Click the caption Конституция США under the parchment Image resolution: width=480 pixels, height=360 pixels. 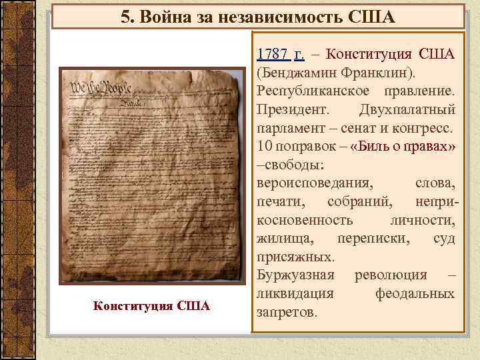[x=152, y=306]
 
